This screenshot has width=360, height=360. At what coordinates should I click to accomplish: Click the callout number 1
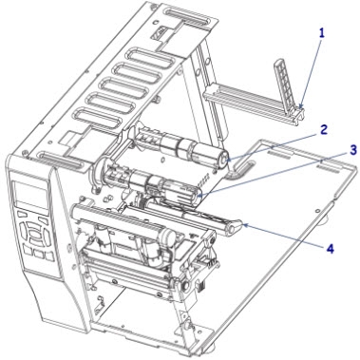point(321,34)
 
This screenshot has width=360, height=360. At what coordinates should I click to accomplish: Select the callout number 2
point(323,129)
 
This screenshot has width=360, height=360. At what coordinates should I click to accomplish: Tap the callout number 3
point(353,150)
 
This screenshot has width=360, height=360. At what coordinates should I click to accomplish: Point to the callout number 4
point(330,249)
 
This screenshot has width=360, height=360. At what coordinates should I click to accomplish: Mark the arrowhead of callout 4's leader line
point(245,225)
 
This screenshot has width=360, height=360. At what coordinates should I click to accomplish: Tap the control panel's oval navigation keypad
point(34,232)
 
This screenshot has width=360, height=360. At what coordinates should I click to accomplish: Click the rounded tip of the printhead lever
point(235,228)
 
